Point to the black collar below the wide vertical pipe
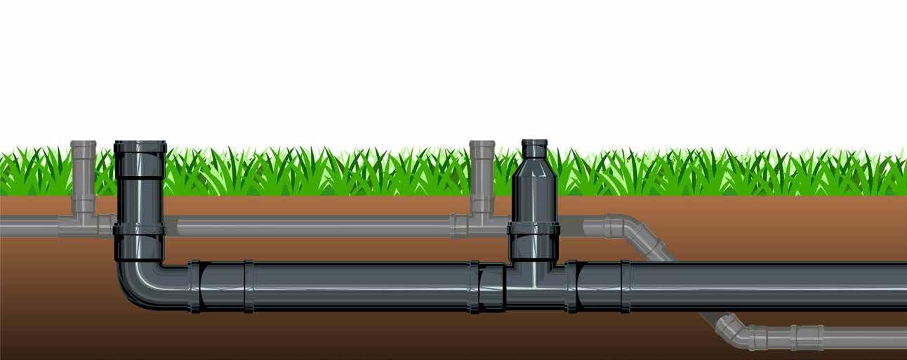pyautogui.click(x=140, y=229)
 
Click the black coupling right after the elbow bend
pyautogui.click(x=195, y=286)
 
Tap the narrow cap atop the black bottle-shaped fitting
pyautogui.click(x=534, y=148)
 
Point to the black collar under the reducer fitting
pyautogui.click(x=534, y=228)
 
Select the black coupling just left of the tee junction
pyautogui.click(x=491, y=286)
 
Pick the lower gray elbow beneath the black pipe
pyautogui.click(x=734, y=330)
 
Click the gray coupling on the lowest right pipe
pyautogui.click(x=807, y=338)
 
